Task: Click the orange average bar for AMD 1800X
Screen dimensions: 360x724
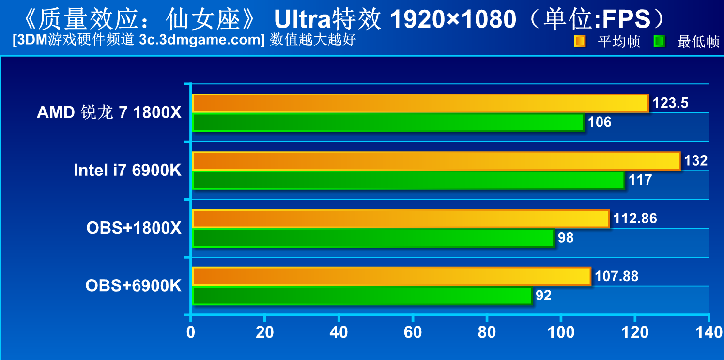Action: coord(420,103)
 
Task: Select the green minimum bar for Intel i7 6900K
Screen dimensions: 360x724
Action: coord(408,180)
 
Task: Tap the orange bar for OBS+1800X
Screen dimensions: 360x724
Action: coord(401,219)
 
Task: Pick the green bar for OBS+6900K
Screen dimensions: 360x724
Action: coord(362,296)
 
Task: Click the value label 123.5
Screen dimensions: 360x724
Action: coord(670,103)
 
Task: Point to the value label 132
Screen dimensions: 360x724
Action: coord(696,160)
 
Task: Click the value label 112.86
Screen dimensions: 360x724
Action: coord(635,219)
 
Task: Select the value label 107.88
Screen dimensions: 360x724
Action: coord(616,276)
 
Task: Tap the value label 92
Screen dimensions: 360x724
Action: coord(543,296)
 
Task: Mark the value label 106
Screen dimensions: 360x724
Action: coord(600,122)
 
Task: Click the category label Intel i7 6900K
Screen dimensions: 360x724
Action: coord(127,170)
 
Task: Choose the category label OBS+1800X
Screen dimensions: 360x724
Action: coord(134,228)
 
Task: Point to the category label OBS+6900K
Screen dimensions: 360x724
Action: coord(133,286)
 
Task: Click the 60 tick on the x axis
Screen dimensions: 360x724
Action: coord(412,333)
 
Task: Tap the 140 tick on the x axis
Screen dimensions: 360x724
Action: coord(709,333)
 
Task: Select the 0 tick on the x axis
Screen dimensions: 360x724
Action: coord(191,333)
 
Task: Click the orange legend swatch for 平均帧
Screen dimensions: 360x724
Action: coord(580,41)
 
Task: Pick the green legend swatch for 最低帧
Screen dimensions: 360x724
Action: coord(659,41)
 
